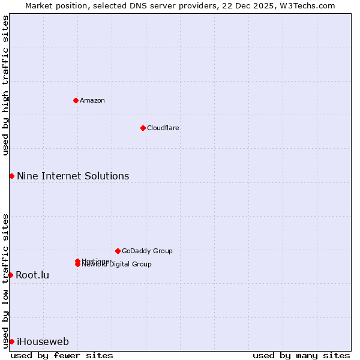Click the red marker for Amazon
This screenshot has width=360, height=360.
click(x=76, y=100)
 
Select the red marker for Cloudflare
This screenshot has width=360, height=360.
click(x=143, y=128)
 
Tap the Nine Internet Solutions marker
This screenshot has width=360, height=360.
click(x=11, y=176)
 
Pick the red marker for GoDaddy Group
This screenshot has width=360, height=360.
click(x=118, y=251)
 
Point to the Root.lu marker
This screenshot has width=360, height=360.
click(x=10, y=275)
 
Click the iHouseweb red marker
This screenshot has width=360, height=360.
click(x=11, y=341)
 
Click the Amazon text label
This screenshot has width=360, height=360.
click(x=92, y=100)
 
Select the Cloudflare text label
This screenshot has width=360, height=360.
click(x=163, y=128)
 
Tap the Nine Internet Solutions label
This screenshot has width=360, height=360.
click(x=73, y=176)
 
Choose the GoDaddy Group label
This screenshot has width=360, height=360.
click(x=147, y=251)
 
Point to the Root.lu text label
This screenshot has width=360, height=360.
click(x=32, y=275)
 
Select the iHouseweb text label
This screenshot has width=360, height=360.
click(x=43, y=342)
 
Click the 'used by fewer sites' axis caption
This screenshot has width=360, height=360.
click(x=62, y=355)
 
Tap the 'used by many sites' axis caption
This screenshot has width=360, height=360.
click(x=301, y=355)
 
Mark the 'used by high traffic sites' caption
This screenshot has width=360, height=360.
click(x=5, y=85)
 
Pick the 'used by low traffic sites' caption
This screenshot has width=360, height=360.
click(x=5, y=280)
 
